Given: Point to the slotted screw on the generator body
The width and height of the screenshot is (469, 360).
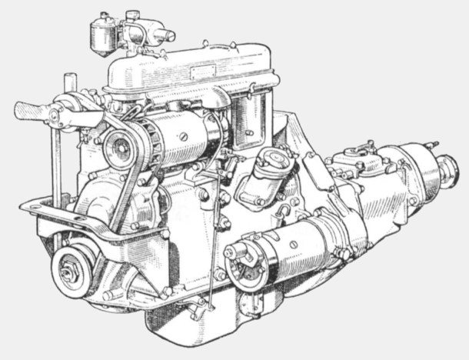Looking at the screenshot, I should (x=183, y=137).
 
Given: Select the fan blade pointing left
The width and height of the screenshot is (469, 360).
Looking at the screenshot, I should (x=31, y=110).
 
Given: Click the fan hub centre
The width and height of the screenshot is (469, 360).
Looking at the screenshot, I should (x=55, y=115).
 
